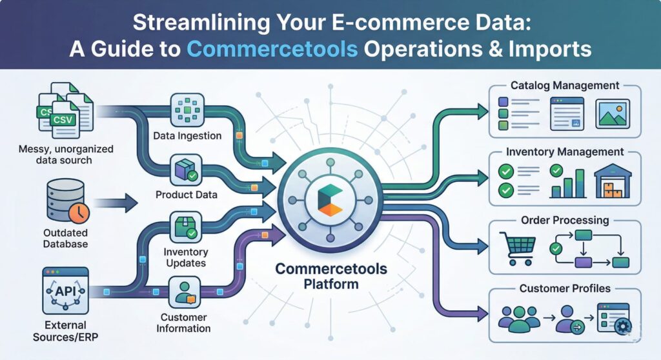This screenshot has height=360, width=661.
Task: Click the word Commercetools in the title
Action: (272, 48)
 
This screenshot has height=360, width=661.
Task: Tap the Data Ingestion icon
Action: (187, 110)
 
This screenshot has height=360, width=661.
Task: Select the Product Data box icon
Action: (186, 170)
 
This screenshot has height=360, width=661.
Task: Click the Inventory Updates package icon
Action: (186, 227)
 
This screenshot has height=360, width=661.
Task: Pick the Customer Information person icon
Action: (184, 292)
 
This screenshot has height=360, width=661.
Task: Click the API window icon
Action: (65, 290)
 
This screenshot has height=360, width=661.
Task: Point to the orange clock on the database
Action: (79, 212)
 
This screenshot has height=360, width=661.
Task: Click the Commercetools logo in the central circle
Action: (330, 200)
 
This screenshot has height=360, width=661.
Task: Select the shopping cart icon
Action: (517, 248)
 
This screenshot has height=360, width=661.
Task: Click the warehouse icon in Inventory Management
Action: (613, 181)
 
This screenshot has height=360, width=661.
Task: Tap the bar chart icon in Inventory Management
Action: (568, 182)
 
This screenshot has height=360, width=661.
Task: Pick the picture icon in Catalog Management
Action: (613, 114)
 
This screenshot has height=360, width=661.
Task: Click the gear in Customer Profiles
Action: (623, 326)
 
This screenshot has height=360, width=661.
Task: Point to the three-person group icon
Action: (519, 319)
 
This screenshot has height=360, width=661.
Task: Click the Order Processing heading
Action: (565, 220)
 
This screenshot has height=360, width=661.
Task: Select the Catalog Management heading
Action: (565, 85)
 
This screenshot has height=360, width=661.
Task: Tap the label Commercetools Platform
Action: (331, 276)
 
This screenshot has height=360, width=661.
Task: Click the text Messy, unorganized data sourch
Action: (66, 154)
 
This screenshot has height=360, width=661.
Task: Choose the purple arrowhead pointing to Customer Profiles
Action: (481, 314)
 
